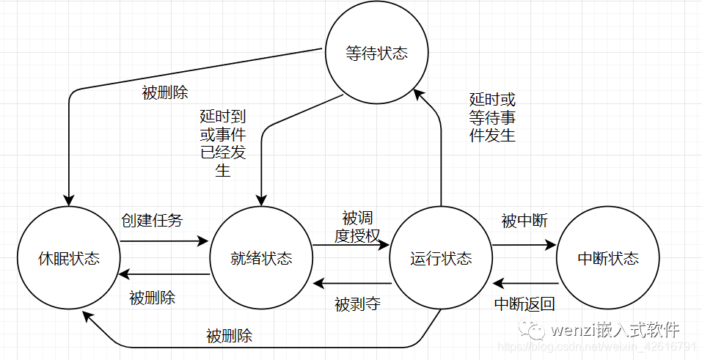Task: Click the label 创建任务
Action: click(153, 220)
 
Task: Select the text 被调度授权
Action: click(357, 227)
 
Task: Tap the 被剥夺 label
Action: click(357, 304)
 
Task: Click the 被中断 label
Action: click(524, 220)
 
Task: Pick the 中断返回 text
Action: click(524, 304)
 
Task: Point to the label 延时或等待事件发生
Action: click(492, 117)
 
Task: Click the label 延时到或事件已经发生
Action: click(223, 144)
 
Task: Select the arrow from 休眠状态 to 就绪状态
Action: click(165, 241)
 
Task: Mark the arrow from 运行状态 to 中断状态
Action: click(524, 245)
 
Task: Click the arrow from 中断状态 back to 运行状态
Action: click(526, 284)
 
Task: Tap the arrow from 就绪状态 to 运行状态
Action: click(351, 245)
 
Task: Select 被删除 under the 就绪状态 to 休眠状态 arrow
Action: click(153, 298)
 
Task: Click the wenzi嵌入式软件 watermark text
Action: click(615, 330)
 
